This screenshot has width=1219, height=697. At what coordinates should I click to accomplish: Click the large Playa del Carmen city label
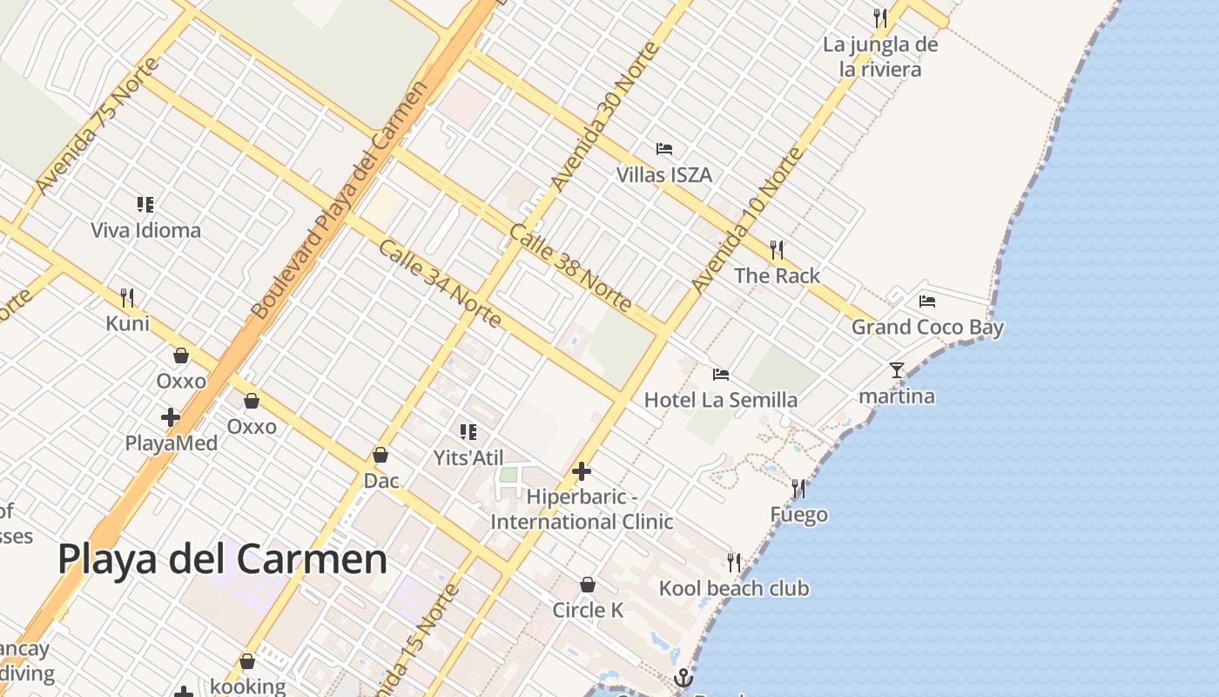222,558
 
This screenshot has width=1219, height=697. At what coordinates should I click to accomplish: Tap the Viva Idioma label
146,231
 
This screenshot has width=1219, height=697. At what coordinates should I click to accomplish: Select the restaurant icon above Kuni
127,298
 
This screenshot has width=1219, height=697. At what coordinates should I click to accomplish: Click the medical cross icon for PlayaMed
171,417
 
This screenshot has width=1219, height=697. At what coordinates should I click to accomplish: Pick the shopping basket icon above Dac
381,455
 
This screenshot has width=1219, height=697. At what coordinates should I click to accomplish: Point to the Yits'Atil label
468,457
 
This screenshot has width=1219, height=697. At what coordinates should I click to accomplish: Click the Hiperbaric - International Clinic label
582,509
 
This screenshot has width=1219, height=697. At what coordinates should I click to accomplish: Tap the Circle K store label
588,610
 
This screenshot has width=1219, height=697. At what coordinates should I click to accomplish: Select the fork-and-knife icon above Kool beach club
734,562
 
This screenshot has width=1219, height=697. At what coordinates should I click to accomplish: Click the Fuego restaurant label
798,515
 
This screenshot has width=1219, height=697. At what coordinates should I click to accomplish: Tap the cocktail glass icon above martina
897,370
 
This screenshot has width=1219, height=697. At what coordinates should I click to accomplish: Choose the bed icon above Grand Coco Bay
927,301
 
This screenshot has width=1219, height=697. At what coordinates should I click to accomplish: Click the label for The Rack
777,276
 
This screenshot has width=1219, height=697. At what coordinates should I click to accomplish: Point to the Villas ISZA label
664,175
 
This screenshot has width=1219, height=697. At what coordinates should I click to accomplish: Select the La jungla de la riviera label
880,57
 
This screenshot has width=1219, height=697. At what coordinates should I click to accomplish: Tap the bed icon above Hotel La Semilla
721,375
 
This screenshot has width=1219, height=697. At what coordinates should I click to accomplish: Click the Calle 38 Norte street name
570,267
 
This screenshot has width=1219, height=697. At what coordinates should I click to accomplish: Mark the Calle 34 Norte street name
440,283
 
